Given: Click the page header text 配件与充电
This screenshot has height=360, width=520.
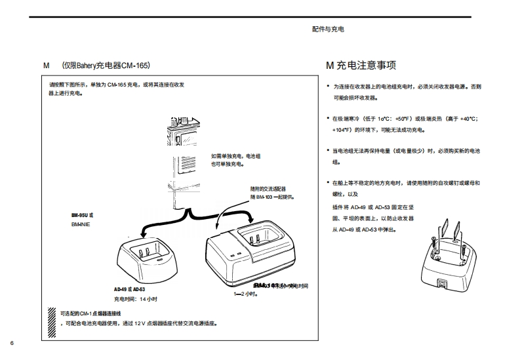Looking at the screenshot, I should [328, 30].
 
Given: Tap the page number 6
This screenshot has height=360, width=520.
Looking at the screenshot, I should [12, 344].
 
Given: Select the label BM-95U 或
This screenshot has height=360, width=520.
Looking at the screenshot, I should [82, 214].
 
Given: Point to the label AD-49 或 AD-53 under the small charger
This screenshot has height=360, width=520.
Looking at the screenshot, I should [129, 289].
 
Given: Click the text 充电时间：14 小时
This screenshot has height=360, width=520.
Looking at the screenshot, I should [136, 298].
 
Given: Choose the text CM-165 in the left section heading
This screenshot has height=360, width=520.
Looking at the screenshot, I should [135, 66].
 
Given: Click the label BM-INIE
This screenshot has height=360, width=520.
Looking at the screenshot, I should [81, 224].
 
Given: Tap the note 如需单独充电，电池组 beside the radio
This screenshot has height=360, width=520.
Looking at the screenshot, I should [235, 156].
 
